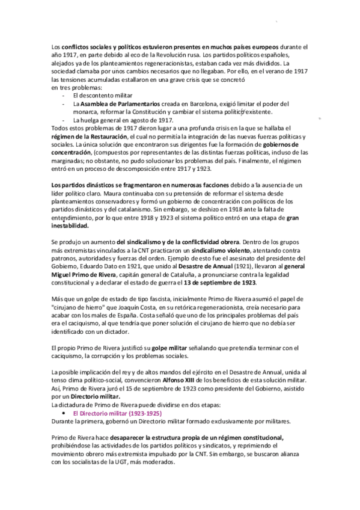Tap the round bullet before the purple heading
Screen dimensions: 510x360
tap(66, 414)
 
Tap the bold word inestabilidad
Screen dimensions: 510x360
tap(69, 226)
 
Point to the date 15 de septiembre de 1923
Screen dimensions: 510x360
tap(162, 389)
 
